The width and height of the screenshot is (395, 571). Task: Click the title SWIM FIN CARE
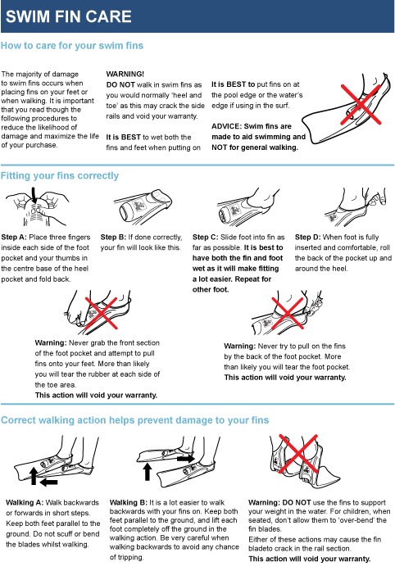click(x=69, y=16)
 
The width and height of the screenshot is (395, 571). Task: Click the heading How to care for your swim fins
click(x=72, y=46)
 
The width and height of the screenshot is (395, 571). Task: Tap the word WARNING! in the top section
click(x=125, y=74)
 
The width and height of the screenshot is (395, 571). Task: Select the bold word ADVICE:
click(x=226, y=126)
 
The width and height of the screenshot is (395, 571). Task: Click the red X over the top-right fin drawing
click(x=361, y=104)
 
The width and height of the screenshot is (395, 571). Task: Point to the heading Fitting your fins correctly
click(x=60, y=176)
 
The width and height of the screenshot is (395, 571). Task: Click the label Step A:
click(x=14, y=237)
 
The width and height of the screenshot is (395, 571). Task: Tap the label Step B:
click(x=113, y=237)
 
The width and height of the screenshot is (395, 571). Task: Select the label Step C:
click(x=205, y=237)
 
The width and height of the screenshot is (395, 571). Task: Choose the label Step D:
click(x=307, y=237)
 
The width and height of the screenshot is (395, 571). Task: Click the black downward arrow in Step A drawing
click(x=34, y=196)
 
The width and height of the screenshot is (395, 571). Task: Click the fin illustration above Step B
click(x=143, y=206)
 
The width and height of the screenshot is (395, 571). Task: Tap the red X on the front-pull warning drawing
click(x=102, y=313)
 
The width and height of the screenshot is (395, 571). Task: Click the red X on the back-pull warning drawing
click(x=288, y=313)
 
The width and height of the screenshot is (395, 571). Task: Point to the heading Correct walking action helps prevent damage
click(x=135, y=420)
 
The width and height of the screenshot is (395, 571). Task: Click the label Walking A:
click(x=25, y=502)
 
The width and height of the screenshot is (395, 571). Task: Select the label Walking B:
click(x=129, y=502)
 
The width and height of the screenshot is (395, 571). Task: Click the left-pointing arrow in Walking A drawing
click(x=48, y=483)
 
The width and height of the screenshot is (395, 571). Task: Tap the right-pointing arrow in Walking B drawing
click(x=186, y=458)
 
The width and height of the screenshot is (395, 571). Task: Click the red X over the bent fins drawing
click(x=298, y=454)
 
